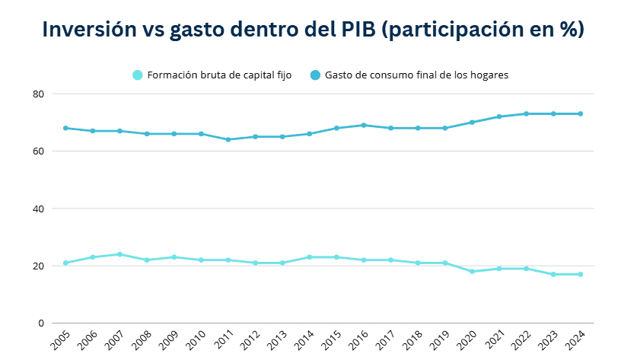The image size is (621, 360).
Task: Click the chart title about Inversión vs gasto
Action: pos(313,29)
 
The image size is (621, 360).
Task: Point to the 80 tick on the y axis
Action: pos(38,94)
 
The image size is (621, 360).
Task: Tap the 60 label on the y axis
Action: pos(38,151)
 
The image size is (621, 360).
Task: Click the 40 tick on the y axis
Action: pos(38,209)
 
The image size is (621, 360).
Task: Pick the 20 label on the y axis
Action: pos(38,266)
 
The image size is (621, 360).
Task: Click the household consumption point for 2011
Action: pos(228,139)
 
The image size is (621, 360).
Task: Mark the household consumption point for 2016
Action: pos(364,125)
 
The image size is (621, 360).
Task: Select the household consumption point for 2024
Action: pos(581,113)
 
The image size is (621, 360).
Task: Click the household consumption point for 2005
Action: pos(65,128)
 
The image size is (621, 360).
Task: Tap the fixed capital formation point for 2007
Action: pos(119,254)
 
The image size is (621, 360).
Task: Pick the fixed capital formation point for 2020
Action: pos(472,272)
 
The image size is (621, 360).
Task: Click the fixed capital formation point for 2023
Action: pos(553,274)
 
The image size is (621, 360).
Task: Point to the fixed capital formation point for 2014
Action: pos(310,257)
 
